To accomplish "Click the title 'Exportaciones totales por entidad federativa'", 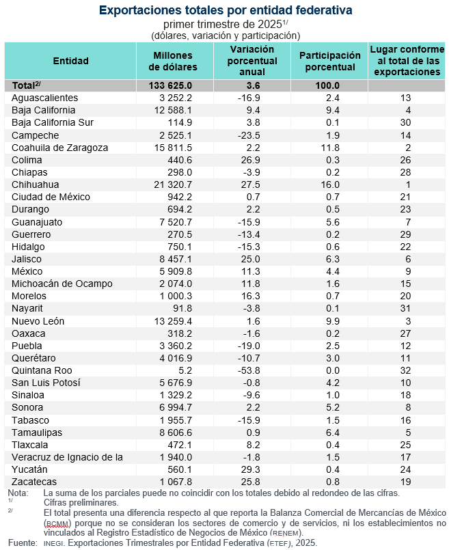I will click(x=226, y=10).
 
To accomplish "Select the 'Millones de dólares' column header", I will click(x=173, y=61).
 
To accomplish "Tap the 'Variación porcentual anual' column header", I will click(x=251, y=61).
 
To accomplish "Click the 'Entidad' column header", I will click(x=70, y=61).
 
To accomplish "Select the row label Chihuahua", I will click(x=36, y=184).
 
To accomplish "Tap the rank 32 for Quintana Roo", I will click(x=405, y=370).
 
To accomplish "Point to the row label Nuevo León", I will click(x=40, y=320).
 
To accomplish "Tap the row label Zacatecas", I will click(x=35, y=481).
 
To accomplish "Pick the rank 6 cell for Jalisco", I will click(x=405, y=259).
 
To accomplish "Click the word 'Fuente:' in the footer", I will click(x=22, y=542).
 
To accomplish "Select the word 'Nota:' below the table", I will click(x=18, y=493).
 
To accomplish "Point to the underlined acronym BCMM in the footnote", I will click(x=58, y=522).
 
